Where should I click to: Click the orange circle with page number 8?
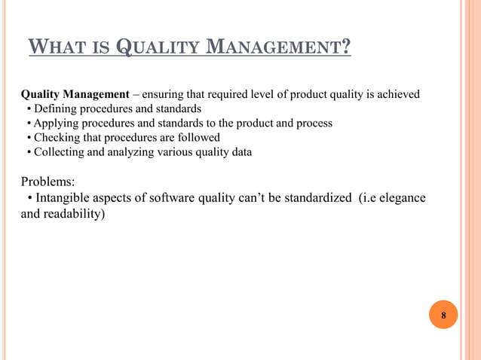tap(443, 314)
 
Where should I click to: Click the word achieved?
tap(397, 95)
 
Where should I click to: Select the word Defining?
tap(55, 109)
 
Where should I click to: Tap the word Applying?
tap(57, 124)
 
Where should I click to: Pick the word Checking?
tap(57, 138)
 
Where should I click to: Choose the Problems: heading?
tap(47, 182)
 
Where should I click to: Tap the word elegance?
tap(400, 198)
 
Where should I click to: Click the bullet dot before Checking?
tap(29, 138)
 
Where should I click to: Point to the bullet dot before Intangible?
tap(29, 199)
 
